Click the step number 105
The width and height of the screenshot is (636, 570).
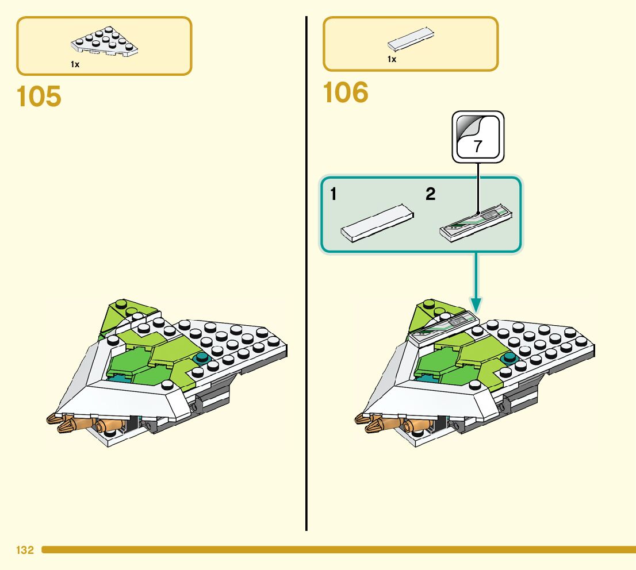point(39,97)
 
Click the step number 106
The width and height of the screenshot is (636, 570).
point(346,93)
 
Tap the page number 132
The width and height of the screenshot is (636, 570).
point(25,550)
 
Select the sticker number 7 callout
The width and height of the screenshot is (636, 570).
point(478,137)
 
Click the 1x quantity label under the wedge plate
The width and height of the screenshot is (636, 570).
point(75,65)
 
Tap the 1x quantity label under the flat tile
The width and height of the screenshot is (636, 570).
point(392,59)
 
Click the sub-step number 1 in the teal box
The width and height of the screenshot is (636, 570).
point(334,195)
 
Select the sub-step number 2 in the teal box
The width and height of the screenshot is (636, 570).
point(430,195)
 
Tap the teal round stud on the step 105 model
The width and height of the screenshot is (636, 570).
point(202,359)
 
